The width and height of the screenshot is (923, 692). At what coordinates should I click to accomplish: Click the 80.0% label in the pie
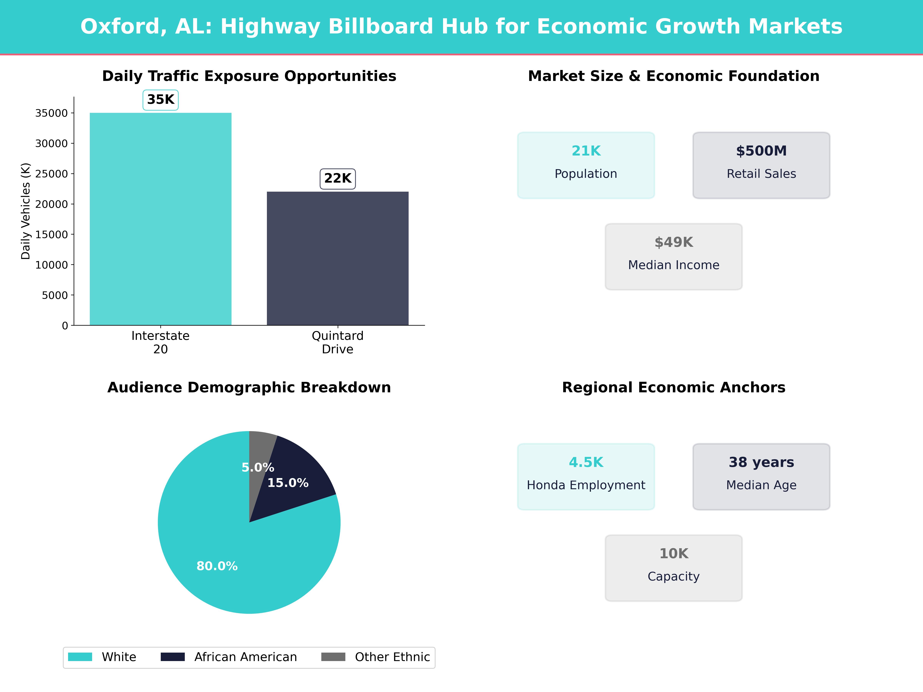tap(217, 566)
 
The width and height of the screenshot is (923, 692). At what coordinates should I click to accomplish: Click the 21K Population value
tap(586, 151)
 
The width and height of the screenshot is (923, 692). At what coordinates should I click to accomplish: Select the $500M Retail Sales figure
tap(761, 151)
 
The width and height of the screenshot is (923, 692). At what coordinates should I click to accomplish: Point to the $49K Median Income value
tap(673, 242)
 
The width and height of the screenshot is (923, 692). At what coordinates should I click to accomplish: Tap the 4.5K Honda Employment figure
tap(586, 462)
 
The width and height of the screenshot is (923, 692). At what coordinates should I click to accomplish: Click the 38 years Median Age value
tap(761, 462)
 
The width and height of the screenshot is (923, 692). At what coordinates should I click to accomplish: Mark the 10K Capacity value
tap(673, 554)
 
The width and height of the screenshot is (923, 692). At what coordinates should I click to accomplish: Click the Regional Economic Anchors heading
tap(673, 388)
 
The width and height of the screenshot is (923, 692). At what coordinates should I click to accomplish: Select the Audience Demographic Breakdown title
tap(249, 388)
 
